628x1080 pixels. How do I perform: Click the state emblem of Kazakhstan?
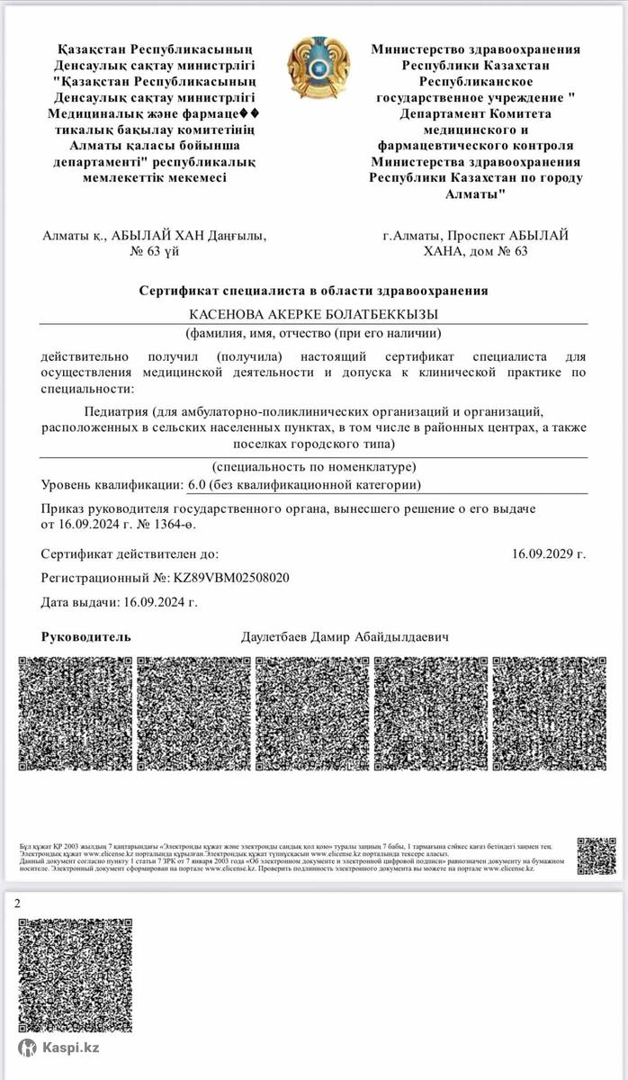coord(313,67)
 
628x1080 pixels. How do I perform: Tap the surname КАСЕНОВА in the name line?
coord(225,314)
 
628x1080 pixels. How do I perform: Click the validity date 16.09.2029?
coord(549,554)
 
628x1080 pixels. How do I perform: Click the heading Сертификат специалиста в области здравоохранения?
coord(313,291)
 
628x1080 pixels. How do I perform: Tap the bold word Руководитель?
coord(86,637)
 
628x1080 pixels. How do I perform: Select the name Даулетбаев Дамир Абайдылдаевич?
coord(345,637)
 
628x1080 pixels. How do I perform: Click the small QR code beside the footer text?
coord(597,856)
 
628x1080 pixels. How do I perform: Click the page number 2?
coord(17,904)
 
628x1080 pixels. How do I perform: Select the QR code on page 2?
coord(76,975)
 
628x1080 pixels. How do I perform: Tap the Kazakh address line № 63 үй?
coord(155,251)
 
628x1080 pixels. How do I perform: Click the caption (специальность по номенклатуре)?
coord(313,466)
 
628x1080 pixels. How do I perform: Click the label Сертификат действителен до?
coord(130,554)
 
